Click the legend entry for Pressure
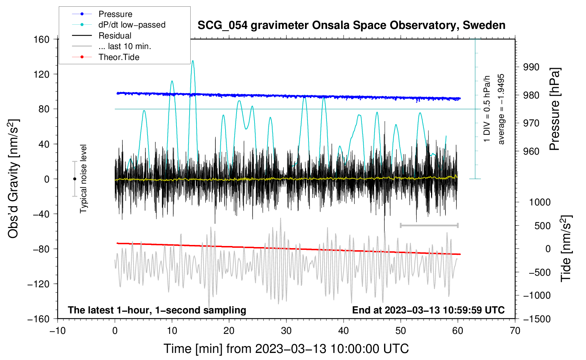(x=115, y=14)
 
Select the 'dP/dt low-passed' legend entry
(x=132, y=25)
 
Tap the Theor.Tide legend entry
(x=119, y=57)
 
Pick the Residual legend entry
(x=115, y=36)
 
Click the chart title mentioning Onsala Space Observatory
(x=351, y=25)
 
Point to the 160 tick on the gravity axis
(x=41, y=39)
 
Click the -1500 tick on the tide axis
(x=537, y=319)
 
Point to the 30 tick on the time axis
(x=286, y=331)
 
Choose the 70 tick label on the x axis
(x=515, y=331)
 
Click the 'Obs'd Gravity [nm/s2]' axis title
(x=13, y=179)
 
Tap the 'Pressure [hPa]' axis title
(x=555, y=109)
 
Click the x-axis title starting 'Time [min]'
(x=286, y=349)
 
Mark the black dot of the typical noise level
(x=74, y=179)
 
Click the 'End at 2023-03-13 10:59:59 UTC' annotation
(x=428, y=310)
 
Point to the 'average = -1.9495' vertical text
(x=501, y=109)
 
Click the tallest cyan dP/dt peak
(x=193, y=61)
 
